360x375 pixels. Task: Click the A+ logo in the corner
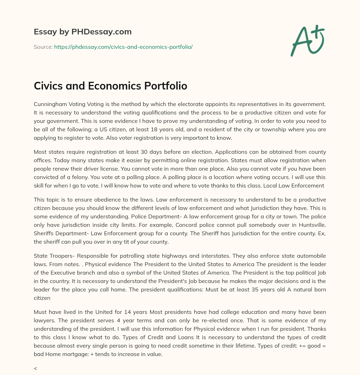(x=307, y=40)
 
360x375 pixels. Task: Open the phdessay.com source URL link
(x=123, y=47)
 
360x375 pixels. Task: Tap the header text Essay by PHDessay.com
(x=83, y=32)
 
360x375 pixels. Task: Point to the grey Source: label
(x=43, y=47)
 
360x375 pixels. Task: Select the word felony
(x=93, y=177)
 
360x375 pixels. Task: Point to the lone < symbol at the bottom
(x=36, y=369)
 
